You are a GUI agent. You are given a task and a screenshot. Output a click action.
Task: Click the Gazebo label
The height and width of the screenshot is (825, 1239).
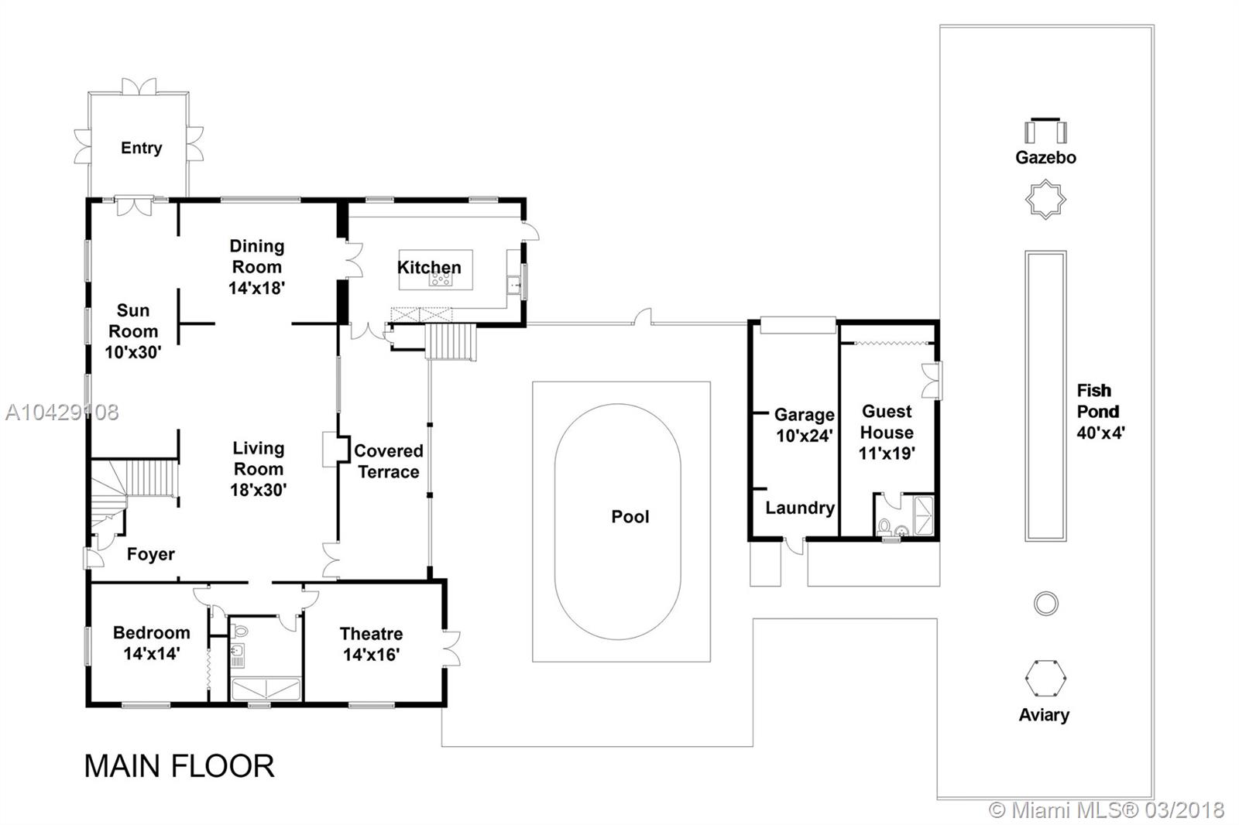click(x=1045, y=158)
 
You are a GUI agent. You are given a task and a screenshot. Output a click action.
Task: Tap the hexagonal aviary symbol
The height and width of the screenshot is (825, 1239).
click(x=1045, y=679)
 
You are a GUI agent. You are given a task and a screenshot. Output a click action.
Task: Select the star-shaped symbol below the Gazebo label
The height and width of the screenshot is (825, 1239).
click(x=1045, y=200)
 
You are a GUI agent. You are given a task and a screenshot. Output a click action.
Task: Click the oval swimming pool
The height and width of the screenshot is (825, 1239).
click(x=618, y=522)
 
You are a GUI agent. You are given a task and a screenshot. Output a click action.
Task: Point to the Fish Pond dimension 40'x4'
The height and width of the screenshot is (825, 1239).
click(x=1100, y=433)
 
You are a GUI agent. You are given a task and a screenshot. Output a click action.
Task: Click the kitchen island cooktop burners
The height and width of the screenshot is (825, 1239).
click(x=441, y=280)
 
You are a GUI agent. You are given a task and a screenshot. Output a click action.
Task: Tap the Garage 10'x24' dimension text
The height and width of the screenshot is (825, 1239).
click(x=805, y=436)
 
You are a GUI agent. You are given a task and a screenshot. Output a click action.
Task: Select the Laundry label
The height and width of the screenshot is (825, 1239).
click(x=800, y=508)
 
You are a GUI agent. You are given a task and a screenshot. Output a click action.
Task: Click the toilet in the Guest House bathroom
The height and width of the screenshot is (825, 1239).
click(x=884, y=525)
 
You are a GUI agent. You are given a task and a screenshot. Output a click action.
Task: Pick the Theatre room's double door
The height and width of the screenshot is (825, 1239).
click(x=451, y=648)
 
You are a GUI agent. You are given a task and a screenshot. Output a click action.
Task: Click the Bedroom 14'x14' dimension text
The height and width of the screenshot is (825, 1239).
click(x=151, y=654)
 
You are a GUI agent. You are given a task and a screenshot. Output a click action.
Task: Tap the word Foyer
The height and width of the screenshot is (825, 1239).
click(x=150, y=555)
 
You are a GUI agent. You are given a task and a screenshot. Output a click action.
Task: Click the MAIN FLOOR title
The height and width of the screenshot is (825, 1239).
click(x=179, y=766)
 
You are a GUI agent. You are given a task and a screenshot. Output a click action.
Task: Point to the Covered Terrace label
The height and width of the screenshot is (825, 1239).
click(x=388, y=461)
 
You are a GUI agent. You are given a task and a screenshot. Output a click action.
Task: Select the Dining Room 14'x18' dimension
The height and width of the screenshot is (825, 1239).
click(x=256, y=288)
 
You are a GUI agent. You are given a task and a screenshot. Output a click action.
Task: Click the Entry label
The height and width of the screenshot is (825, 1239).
click(x=142, y=148)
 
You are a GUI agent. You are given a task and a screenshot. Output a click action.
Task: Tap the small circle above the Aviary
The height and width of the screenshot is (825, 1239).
click(x=1046, y=604)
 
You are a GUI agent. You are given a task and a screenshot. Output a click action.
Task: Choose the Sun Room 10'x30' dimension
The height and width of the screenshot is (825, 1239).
click(x=132, y=351)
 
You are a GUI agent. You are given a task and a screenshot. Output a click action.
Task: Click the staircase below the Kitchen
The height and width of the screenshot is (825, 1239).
click(x=451, y=342)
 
